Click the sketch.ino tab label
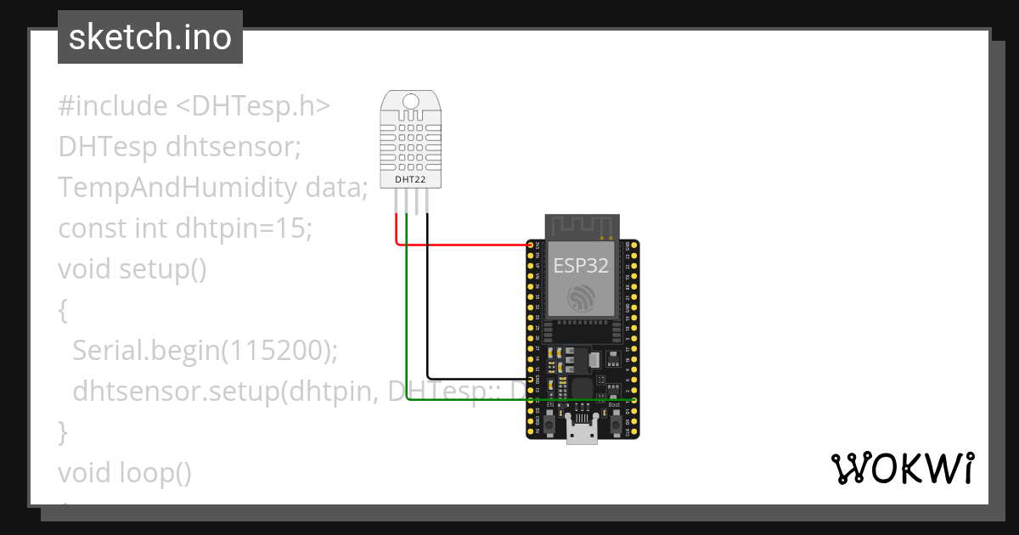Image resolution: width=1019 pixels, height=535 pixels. pos(149,37)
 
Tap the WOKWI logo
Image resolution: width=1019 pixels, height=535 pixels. pos(901,468)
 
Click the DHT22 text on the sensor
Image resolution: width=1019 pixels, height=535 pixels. pos(411,180)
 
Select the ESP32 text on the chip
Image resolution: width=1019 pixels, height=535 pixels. pos(581,265)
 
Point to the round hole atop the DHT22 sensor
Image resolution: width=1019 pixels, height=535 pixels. pos(411,101)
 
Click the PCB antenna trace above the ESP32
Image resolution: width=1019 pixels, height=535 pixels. pos(582,226)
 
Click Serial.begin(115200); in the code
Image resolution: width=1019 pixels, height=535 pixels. pos(205,351)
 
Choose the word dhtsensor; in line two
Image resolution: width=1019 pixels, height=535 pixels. pos(234,148)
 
